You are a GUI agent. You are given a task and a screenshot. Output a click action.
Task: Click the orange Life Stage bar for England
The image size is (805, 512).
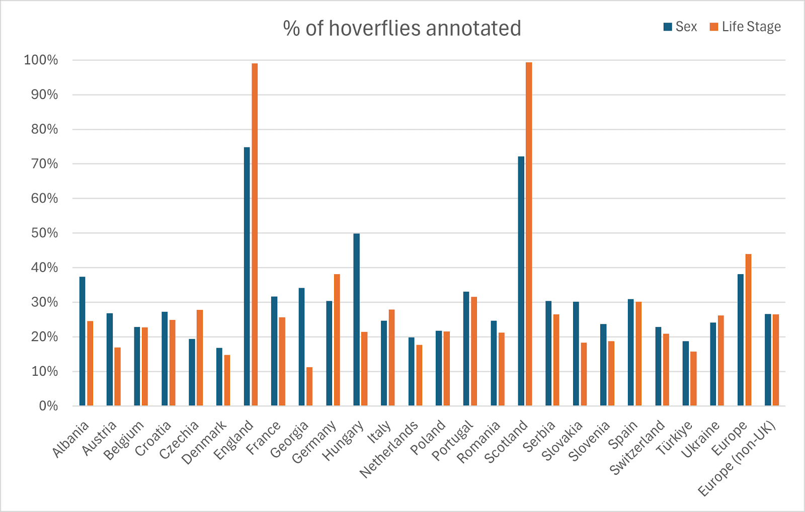(255, 234)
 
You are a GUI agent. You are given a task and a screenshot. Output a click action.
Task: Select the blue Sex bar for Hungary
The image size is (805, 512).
(357, 319)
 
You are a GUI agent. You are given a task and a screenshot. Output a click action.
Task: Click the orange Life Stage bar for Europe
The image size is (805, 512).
(748, 329)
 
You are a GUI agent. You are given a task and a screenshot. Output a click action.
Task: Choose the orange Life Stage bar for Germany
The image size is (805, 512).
(337, 339)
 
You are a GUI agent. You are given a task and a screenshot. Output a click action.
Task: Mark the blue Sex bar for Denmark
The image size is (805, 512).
(219, 377)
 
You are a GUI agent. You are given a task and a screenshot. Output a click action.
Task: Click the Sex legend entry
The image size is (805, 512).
(681, 27)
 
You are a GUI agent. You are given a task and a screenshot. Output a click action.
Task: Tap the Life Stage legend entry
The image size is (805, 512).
(746, 27)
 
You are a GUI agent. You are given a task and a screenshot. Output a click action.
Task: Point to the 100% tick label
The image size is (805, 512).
(41, 60)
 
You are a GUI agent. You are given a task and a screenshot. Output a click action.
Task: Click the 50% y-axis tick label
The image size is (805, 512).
(44, 233)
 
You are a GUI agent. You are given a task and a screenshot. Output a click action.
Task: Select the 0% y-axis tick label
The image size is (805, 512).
(48, 406)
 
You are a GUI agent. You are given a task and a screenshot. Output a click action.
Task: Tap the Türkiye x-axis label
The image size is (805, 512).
(674, 438)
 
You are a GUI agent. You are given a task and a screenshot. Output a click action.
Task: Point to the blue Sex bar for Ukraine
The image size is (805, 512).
(713, 364)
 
